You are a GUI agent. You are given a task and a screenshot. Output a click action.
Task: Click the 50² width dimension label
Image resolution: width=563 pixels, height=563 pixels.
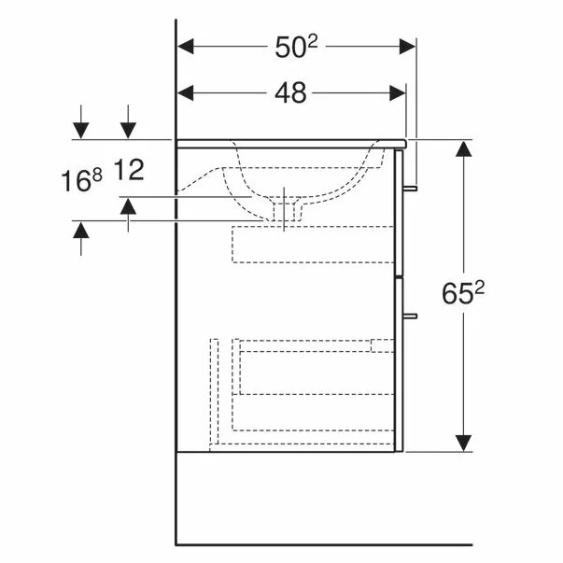297,47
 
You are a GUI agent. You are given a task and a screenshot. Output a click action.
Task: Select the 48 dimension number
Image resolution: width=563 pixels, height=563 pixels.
290,93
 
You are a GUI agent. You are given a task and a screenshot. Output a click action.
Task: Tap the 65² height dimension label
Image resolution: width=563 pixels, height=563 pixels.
463,293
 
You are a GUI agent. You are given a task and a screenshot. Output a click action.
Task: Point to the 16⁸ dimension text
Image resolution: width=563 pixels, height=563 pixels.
81,180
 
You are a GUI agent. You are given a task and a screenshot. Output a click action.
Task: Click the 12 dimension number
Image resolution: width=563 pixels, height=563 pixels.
129,170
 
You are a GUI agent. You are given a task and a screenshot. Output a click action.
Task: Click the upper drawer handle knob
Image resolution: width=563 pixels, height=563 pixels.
410,189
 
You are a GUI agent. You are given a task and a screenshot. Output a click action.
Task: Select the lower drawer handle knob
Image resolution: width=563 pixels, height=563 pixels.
410,316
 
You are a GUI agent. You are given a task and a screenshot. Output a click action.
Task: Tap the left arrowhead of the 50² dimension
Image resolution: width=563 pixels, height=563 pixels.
186,47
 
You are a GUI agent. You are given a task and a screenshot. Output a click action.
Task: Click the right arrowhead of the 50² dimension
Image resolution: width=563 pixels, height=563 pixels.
407,47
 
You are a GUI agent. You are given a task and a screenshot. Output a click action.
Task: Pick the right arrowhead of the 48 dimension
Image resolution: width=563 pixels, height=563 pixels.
398,93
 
